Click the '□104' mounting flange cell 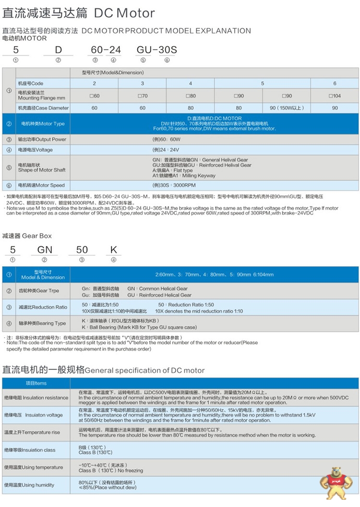335,95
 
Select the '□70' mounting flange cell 143,95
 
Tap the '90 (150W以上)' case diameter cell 287,108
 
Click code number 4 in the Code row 191,83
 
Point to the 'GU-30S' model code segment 157,49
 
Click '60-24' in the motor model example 103,49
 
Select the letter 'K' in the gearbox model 113,249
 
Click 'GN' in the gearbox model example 45,249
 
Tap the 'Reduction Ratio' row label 43,307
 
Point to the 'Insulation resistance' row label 36,398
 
